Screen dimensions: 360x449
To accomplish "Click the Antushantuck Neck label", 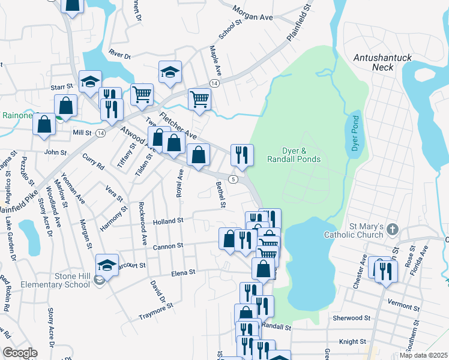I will pyautogui.click(x=382, y=62).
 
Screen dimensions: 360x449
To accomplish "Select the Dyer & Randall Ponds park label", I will pyautogui.click(x=301, y=155).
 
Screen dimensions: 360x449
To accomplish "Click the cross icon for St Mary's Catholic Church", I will pyautogui.click(x=392, y=230).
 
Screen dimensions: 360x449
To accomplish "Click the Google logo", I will pyautogui.click(x=20, y=353).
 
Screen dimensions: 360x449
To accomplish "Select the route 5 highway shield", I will pyautogui.click(x=234, y=179).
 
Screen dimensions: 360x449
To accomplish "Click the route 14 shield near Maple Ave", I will pyautogui.click(x=214, y=82).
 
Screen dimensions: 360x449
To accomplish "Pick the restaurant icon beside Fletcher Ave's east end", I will pyautogui.click(x=242, y=155).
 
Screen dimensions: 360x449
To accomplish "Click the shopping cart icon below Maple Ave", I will pyautogui.click(x=199, y=98).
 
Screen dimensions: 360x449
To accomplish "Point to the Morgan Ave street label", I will pyautogui.click(x=253, y=17).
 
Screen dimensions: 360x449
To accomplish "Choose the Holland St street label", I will pyautogui.click(x=167, y=221).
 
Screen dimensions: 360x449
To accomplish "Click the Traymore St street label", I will pyautogui.click(x=155, y=310).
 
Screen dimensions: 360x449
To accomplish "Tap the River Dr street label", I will pyautogui.click(x=119, y=55).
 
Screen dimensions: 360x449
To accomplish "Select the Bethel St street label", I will pyautogui.click(x=220, y=196).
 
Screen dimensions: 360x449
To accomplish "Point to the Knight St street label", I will pyautogui.click(x=352, y=341).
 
